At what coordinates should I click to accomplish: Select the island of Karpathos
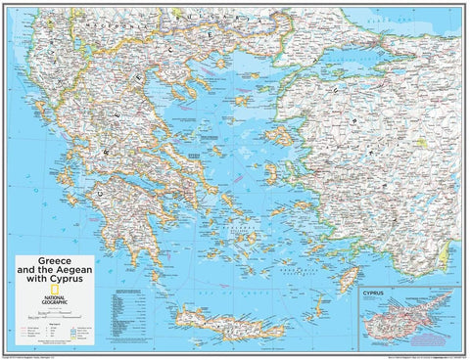320,304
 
